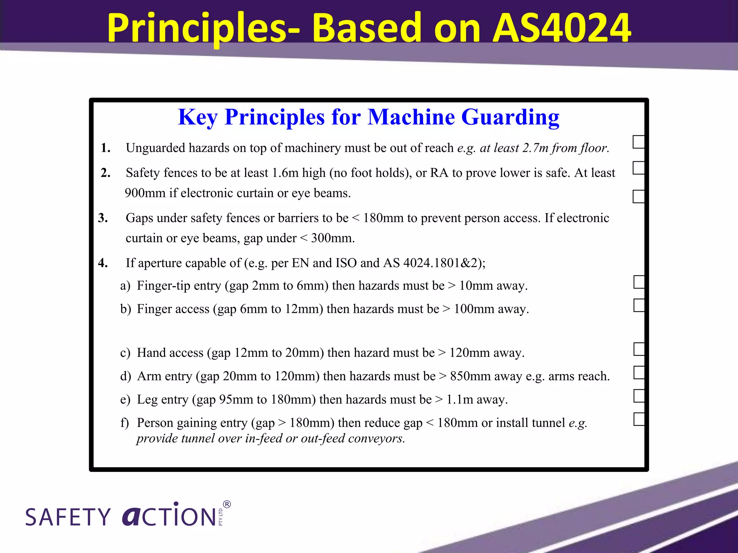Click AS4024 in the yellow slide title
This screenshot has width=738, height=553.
click(x=561, y=28)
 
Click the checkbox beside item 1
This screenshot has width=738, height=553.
click(x=639, y=142)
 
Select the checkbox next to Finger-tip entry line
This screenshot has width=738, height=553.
click(x=639, y=282)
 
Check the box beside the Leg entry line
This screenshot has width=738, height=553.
click(x=639, y=396)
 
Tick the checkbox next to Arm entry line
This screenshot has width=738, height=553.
click(x=639, y=372)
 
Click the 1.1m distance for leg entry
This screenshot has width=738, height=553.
click(x=459, y=400)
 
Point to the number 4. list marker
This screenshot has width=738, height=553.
click(x=103, y=263)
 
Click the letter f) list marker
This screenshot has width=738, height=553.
click(x=125, y=423)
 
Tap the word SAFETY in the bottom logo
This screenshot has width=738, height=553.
click(x=68, y=517)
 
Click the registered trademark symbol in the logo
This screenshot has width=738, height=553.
click(x=227, y=504)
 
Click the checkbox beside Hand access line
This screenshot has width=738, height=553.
click(x=639, y=349)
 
